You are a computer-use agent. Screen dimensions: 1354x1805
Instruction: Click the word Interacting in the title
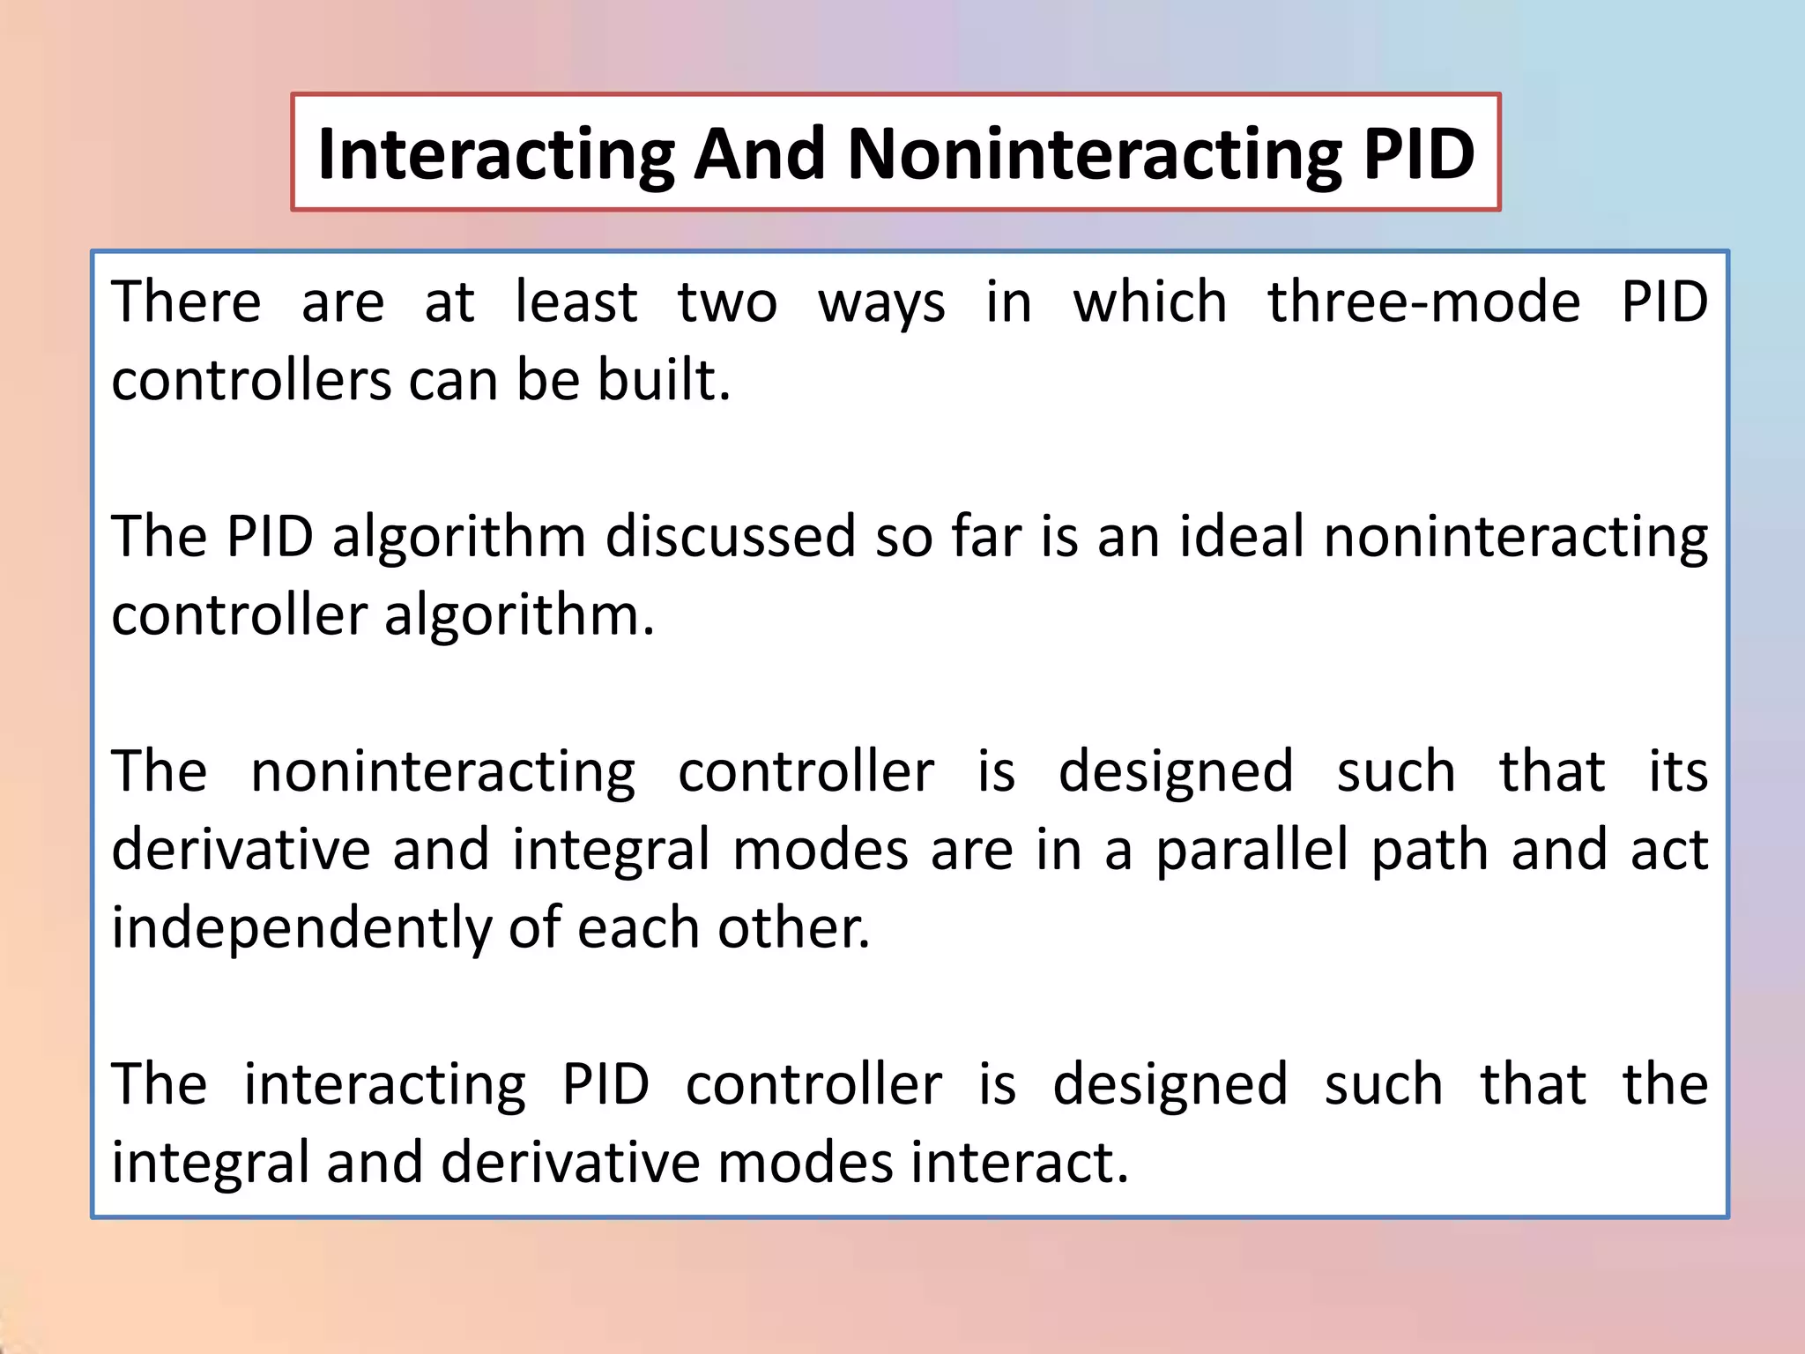(496, 155)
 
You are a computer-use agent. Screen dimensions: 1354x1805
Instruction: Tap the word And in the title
(760, 155)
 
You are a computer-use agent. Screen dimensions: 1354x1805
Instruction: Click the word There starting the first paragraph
(186, 302)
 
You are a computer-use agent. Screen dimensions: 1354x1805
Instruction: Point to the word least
(576, 302)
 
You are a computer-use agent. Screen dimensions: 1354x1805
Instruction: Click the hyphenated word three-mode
(1423, 302)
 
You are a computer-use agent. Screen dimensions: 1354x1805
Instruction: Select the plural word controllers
(251, 381)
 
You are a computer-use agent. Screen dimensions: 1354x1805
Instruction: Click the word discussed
(730, 536)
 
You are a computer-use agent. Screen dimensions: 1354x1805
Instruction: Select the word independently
(299, 929)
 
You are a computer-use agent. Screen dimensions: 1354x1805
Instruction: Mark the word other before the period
(791, 928)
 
